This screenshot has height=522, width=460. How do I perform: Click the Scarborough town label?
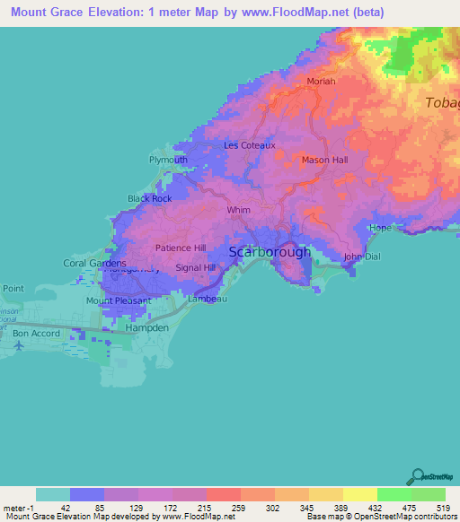(270, 252)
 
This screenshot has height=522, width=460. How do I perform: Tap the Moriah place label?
(321, 82)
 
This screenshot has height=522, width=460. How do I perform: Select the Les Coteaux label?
(250, 144)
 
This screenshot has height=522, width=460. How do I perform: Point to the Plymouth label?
(168, 160)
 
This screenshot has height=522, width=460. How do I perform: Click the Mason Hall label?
(324, 161)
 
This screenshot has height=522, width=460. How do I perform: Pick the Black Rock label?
(149, 198)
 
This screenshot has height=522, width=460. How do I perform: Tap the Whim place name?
(239, 210)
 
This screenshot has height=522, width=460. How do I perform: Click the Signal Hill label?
(195, 267)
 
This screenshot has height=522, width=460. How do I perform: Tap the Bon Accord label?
(36, 333)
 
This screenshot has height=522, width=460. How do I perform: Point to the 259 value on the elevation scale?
(240, 508)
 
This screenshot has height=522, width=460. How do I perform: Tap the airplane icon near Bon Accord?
(19, 345)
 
